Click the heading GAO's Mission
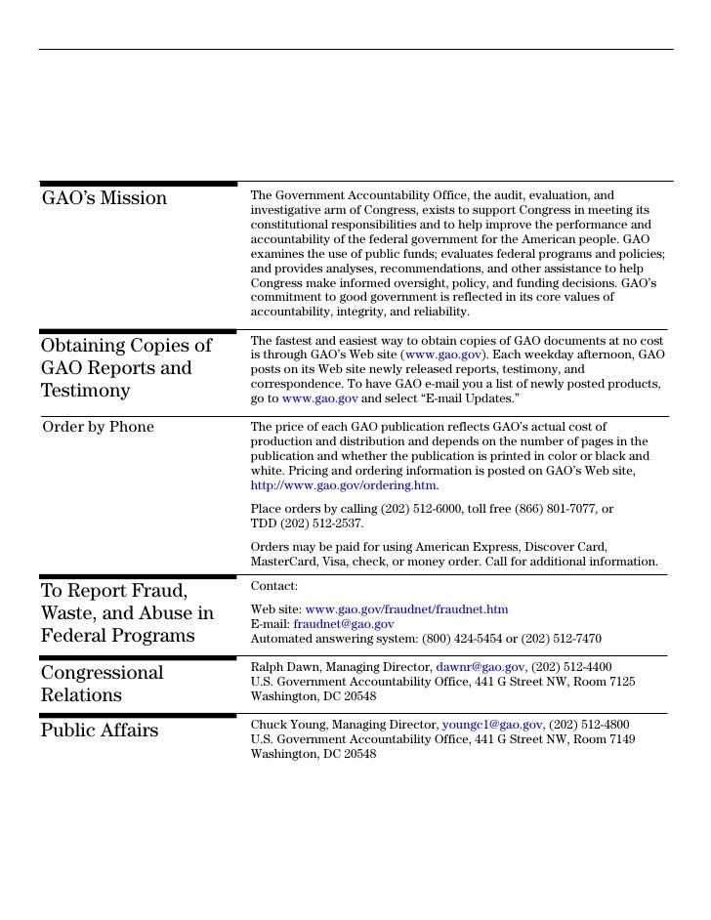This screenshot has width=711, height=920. [x=105, y=199]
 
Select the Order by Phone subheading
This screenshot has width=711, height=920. [x=98, y=427]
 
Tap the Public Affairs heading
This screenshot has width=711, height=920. [x=100, y=732]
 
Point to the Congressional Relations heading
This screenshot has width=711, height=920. [x=102, y=684]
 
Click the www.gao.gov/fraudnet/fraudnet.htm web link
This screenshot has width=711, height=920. [x=406, y=609]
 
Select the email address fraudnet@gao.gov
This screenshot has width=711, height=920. [x=344, y=624]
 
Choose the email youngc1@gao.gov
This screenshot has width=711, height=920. [x=491, y=725]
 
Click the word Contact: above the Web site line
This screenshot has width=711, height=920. [x=274, y=586]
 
